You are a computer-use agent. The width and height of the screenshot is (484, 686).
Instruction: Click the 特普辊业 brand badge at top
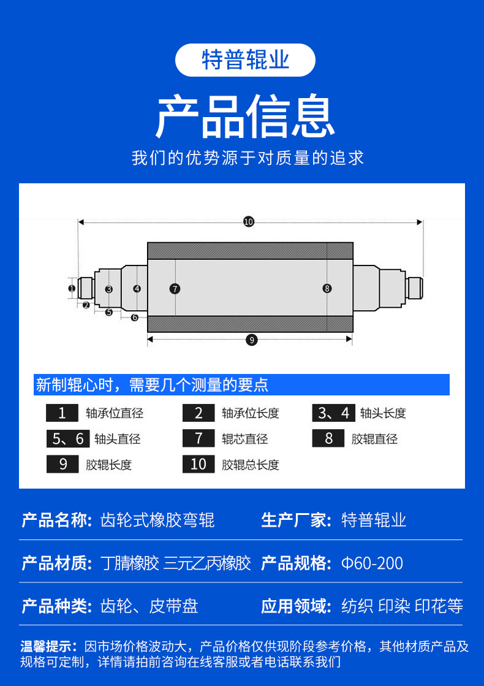pyautogui.click(x=245, y=60)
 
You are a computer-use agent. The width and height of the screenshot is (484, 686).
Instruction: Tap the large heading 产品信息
pyautogui.click(x=245, y=116)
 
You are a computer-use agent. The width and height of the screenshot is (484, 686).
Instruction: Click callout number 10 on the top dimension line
pyautogui.click(x=248, y=222)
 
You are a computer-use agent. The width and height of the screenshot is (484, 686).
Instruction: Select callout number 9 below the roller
pyautogui.click(x=251, y=340)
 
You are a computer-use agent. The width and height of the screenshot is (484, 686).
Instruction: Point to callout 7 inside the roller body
pyautogui.click(x=175, y=288)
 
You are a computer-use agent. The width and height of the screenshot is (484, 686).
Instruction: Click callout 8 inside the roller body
pyautogui.click(x=327, y=288)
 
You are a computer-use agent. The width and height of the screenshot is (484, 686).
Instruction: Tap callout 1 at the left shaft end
pyautogui.click(x=72, y=288)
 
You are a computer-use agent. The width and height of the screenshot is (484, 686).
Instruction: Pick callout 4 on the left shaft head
pyautogui.click(x=137, y=288)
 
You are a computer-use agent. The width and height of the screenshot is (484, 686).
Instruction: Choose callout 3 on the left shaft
pyautogui.click(x=108, y=289)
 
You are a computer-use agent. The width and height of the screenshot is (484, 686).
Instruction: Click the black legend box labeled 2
pyautogui.click(x=199, y=413)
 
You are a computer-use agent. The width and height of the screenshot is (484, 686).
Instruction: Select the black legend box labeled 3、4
pyautogui.click(x=333, y=413)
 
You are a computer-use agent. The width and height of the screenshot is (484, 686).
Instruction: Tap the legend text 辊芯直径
pyautogui.click(x=244, y=439)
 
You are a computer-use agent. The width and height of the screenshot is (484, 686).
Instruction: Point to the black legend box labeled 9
pyautogui.click(x=62, y=465)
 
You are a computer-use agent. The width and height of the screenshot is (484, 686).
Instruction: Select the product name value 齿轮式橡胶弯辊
pyautogui.click(x=157, y=520)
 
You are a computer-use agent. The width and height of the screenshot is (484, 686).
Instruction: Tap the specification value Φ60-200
pyautogui.click(x=372, y=563)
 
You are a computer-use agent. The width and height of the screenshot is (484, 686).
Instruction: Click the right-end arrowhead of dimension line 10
pyautogui.click(x=420, y=222)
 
